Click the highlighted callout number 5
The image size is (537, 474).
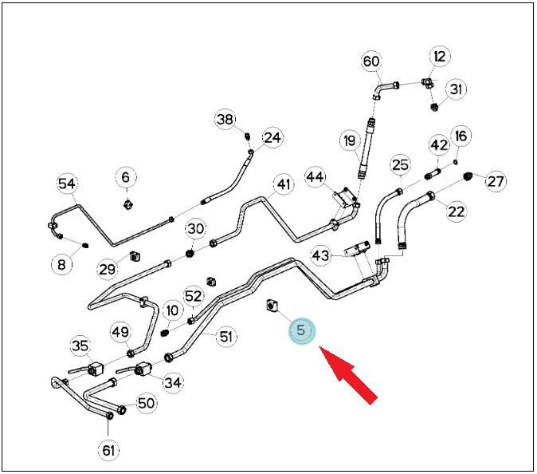(x=301, y=330)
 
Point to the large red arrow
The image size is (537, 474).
(x=347, y=375)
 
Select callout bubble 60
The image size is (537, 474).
(x=371, y=61)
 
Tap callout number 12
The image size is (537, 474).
(x=440, y=56)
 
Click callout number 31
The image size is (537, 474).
(x=457, y=89)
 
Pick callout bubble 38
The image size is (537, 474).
(x=225, y=120)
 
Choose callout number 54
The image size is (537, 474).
(x=67, y=184)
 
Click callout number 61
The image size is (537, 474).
(x=108, y=450)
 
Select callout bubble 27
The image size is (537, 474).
(x=496, y=181)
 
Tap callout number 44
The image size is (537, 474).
(x=315, y=177)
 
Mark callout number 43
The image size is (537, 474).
(x=321, y=255)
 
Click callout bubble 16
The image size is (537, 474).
(x=461, y=136)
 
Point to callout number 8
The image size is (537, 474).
(x=61, y=264)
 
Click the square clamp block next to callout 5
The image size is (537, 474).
(x=272, y=306)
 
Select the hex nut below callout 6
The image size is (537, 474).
(x=127, y=205)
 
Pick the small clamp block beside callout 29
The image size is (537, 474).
(x=135, y=256)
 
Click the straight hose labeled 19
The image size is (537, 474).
(x=366, y=148)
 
